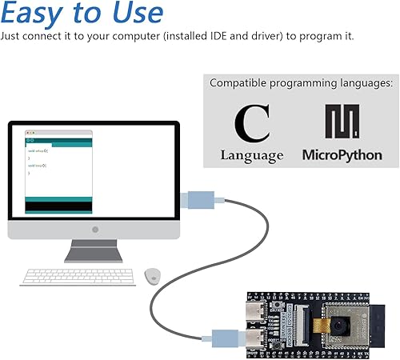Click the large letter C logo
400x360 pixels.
[252, 123]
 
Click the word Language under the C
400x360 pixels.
[252, 155]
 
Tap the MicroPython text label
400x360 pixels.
[342, 154]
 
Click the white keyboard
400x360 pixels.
[78, 276]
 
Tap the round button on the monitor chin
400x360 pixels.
[95, 230]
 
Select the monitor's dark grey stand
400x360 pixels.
[95, 253]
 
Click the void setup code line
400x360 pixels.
[38, 150]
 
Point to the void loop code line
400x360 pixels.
[38, 166]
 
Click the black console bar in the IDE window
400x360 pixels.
[59, 206]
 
